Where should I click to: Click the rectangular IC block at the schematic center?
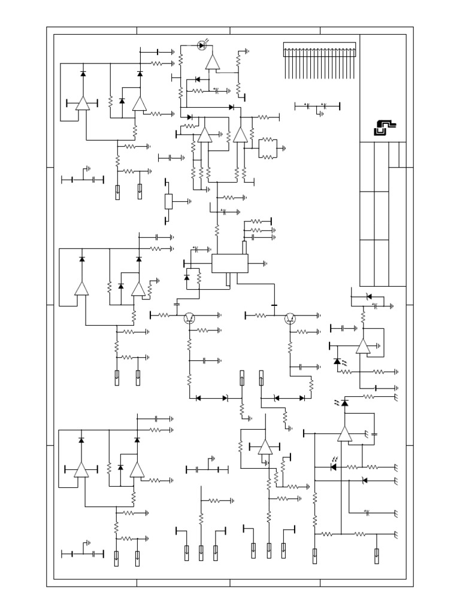(x=230, y=263)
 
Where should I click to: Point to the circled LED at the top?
(x=202, y=45)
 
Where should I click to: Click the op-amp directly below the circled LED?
(x=212, y=62)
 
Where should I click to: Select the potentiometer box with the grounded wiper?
(x=169, y=202)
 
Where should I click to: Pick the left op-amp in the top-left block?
(x=82, y=104)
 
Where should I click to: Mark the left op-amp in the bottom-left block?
(x=81, y=471)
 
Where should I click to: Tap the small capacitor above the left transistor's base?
(x=177, y=305)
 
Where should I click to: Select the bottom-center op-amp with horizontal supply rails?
(x=265, y=447)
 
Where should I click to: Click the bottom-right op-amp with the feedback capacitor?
(x=344, y=434)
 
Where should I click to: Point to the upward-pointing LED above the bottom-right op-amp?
(x=344, y=403)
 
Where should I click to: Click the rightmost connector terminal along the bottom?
(x=376, y=556)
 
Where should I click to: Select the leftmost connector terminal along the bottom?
(x=116, y=558)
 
